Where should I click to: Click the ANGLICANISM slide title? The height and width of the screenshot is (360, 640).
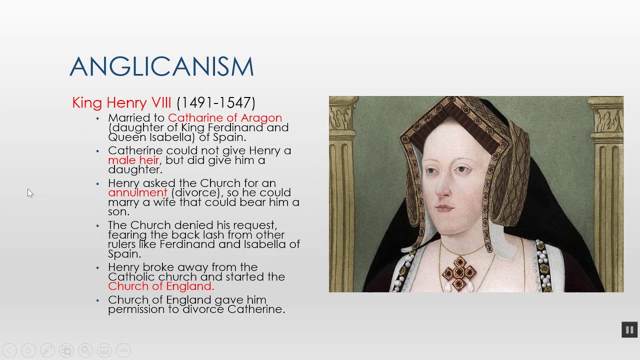pyautogui.click(x=161, y=67)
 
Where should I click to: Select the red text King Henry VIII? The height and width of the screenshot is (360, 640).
pyautogui.click(x=121, y=103)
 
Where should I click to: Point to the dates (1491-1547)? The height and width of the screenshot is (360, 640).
pyautogui.click(x=216, y=103)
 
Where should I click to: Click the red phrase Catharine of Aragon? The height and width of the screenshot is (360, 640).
pyautogui.click(x=225, y=118)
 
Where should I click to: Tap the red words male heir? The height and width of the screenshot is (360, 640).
pyautogui.click(x=133, y=160)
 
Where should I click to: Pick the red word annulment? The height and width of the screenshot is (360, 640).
pyautogui.click(x=137, y=193)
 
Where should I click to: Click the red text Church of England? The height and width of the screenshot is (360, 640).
pyautogui.click(x=161, y=286)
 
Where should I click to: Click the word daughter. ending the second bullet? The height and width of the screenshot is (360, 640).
pyautogui.click(x=135, y=170)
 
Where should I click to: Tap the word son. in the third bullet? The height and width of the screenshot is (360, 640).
pyautogui.click(x=118, y=212)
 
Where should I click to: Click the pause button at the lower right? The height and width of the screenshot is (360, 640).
pyautogui.click(x=629, y=329)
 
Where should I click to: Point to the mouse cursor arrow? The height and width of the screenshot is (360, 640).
pyautogui.click(x=30, y=193)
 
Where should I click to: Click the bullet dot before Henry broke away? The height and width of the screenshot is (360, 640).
pyautogui.click(x=98, y=268)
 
